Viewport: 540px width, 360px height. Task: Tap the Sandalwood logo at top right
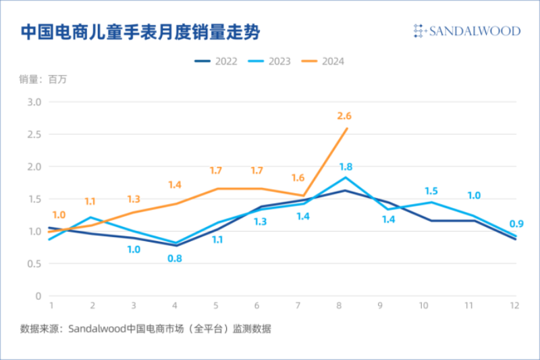[466, 31]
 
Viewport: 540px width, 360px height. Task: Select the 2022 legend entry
[216, 61]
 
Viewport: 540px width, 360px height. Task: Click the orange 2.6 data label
[344, 116]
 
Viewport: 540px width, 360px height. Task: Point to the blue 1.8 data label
[346, 167]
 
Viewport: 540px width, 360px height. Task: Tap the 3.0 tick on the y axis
[34, 102]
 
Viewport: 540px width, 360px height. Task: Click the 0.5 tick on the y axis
[34, 263]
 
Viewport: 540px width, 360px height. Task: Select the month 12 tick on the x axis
[514, 306]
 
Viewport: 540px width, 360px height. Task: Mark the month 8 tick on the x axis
[338, 306]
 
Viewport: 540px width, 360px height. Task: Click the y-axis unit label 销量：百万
[43, 80]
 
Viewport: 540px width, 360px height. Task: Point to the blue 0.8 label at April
[175, 257]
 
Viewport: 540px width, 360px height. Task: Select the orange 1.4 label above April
[175, 185]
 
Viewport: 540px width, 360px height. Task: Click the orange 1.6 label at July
[298, 178]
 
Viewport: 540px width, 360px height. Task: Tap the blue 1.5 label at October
[432, 191]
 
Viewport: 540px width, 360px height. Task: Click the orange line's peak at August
[347, 128]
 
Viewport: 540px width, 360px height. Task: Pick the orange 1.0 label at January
[59, 215]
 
